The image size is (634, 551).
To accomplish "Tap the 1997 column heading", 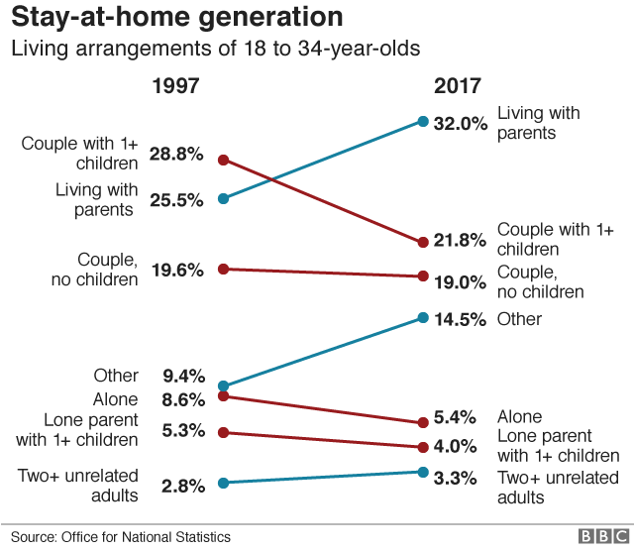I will (x=175, y=86).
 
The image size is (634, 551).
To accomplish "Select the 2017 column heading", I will (x=459, y=86).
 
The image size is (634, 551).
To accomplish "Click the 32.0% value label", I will (x=461, y=124).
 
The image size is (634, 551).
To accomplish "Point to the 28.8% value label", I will (x=176, y=155).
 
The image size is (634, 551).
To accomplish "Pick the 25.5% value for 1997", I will (x=176, y=199).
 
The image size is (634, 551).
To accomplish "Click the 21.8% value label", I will (x=461, y=241).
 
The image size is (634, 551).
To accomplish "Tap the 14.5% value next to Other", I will (x=461, y=319).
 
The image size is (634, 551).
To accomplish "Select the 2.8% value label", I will (x=182, y=486).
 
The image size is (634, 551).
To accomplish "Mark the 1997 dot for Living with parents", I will (x=224, y=198).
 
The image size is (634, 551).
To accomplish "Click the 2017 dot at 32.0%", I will (x=423, y=122).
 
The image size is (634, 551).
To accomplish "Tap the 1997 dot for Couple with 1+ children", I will (x=224, y=159).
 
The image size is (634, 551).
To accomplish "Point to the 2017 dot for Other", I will (x=423, y=318).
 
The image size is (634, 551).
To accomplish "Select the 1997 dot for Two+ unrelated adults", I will (x=224, y=483).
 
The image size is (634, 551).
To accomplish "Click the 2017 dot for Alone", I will (x=423, y=423).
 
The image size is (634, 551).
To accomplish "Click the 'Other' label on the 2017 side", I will (x=519, y=319).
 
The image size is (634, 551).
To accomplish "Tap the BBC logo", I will (x=599, y=536).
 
